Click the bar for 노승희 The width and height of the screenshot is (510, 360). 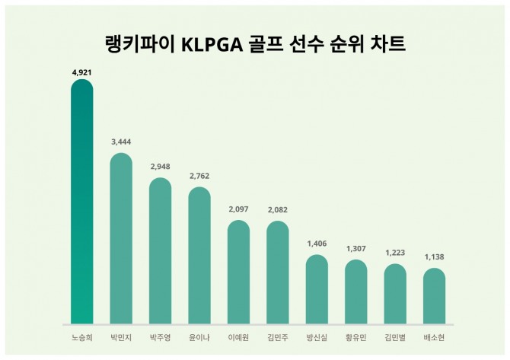(x=82, y=202)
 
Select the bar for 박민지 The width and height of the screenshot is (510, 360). (x=121, y=238)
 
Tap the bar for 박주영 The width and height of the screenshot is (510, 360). (x=160, y=250)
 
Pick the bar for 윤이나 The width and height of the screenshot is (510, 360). (x=199, y=255)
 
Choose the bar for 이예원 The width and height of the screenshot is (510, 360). (x=238, y=272)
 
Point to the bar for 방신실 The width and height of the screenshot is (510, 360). (x=317, y=289)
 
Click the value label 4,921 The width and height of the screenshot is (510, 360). (x=82, y=72)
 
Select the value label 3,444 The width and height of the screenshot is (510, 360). (x=121, y=142)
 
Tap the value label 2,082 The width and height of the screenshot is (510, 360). (x=278, y=210)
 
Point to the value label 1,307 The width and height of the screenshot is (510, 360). (x=355, y=249)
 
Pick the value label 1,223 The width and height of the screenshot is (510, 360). (x=395, y=253)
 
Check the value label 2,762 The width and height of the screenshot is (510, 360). (x=199, y=176)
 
